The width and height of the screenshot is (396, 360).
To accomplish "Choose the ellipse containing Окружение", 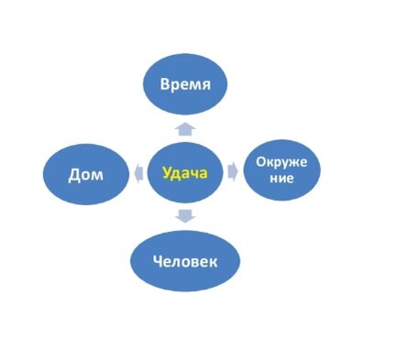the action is (x=280, y=170).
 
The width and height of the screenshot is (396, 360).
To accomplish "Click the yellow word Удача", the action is (x=186, y=172).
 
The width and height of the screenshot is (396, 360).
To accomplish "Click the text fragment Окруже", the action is (x=280, y=163).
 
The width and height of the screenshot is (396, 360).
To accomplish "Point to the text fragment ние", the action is (x=280, y=180).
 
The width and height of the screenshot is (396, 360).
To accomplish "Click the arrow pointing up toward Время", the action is (x=186, y=129).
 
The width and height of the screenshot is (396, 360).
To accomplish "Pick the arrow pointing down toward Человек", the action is (x=186, y=217).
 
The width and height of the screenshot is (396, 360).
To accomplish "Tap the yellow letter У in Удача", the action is (x=168, y=172).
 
